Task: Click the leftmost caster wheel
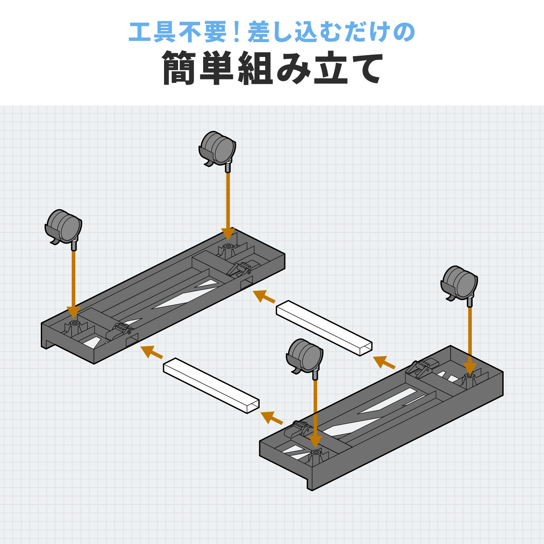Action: (63, 229)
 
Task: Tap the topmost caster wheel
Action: (217, 150)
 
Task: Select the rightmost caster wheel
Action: (459, 285)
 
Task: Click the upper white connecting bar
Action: (324, 328)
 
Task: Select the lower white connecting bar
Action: (211, 385)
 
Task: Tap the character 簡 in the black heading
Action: (179, 68)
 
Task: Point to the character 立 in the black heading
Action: (331, 68)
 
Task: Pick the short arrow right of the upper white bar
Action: (384, 362)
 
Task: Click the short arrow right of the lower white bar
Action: (272, 418)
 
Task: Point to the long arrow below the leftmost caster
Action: (74, 285)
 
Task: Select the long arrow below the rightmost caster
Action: (470, 341)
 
